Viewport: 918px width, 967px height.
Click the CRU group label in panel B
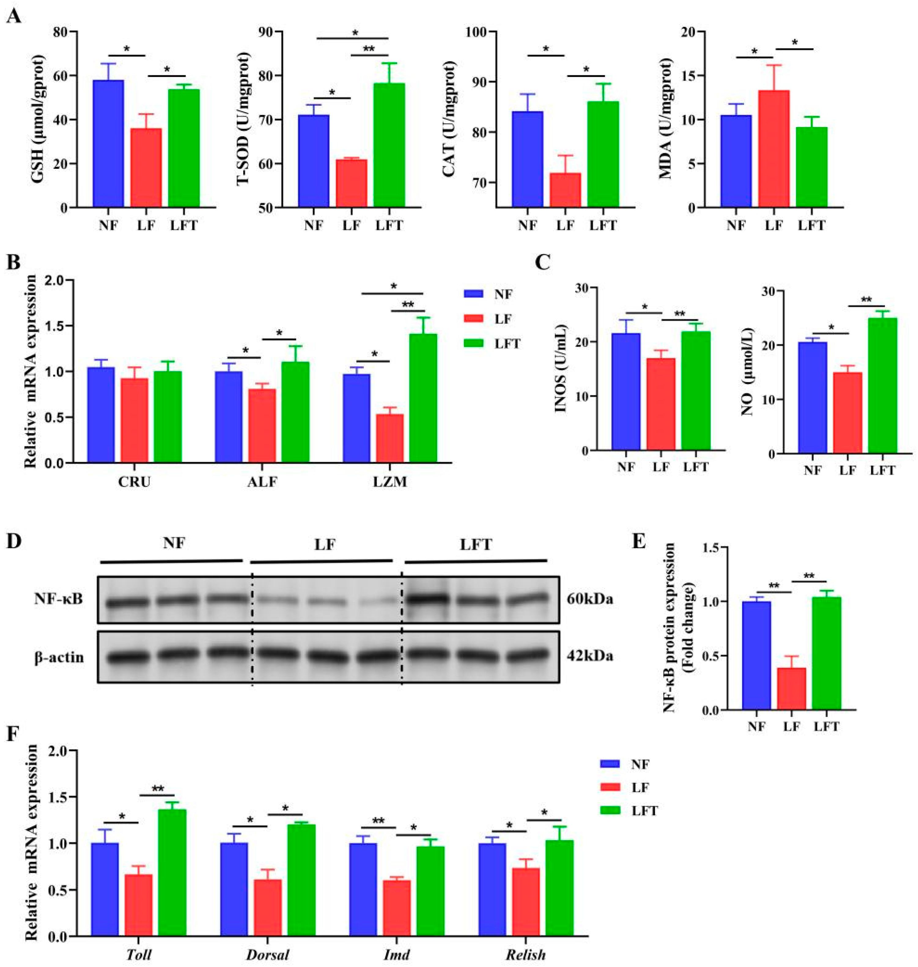[134, 482]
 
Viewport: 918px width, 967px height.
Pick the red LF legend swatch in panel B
[473, 319]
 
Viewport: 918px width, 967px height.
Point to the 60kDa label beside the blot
[590, 599]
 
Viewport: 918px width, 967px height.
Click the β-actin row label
[59, 657]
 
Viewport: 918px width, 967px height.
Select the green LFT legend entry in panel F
[610, 811]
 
